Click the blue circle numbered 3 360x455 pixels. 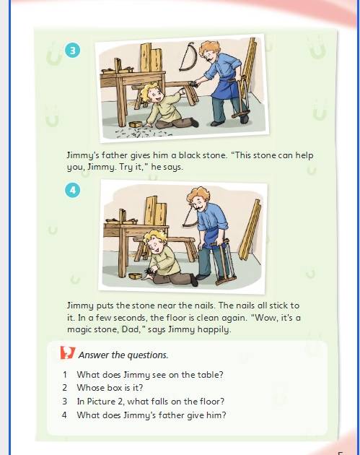click(72, 51)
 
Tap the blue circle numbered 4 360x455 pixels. click(72, 190)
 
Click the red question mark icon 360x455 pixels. click(67, 352)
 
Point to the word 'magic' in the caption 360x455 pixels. click(78, 329)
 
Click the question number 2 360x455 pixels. click(64, 388)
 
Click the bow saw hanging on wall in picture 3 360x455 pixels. click(188, 56)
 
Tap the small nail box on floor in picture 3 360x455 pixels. click(134, 124)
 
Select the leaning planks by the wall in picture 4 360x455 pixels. click(250, 229)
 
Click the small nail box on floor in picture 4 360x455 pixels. click(135, 276)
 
